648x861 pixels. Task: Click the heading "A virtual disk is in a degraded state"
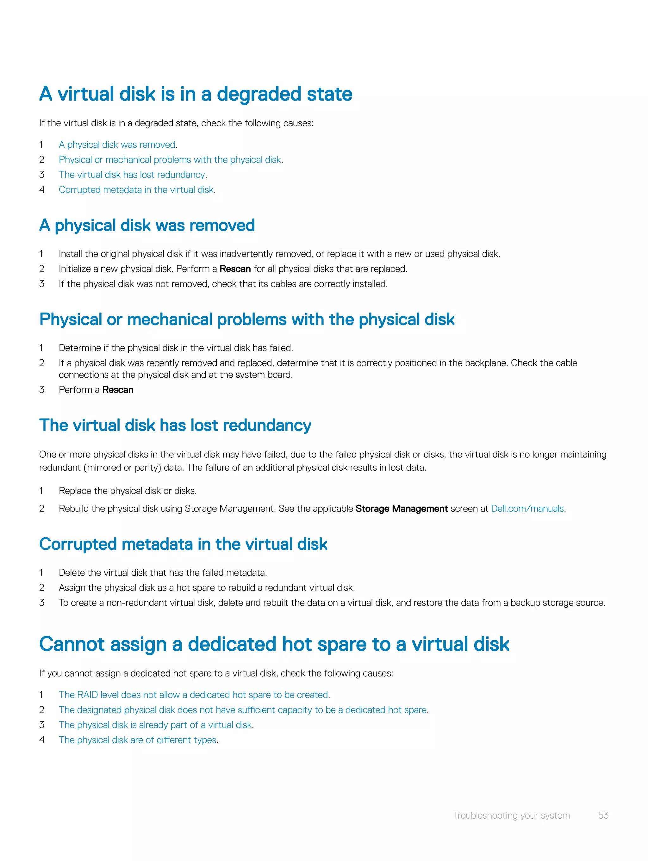pyautogui.click(x=196, y=94)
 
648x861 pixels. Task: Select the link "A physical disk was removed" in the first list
pyautogui.click(x=117, y=145)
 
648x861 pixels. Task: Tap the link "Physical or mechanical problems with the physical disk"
pyautogui.click(x=170, y=160)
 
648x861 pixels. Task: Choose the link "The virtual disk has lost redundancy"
pyautogui.click(x=132, y=175)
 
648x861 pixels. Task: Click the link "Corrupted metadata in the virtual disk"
pyautogui.click(x=136, y=190)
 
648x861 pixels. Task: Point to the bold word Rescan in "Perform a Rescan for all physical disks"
pyautogui.click(x=235, y=269)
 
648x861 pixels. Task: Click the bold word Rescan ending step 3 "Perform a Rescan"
pyautogui.click(x=118, y=390)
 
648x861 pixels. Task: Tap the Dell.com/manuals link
pyautogui.click(x=527, y=509)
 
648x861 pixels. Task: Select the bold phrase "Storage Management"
pyautogui.click(x=402, y=509)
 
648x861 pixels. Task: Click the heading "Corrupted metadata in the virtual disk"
pyautogui.click(x=183, y=544)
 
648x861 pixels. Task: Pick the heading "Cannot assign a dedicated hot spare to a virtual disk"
pyautogui.click(x=274, y=644)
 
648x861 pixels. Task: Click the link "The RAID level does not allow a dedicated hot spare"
pyautogui.click(x=194, y=695)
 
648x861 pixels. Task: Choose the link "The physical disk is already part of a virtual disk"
pyautogui.click(x=155, y=725)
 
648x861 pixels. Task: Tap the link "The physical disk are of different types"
pyautogui.click(x=137, y=740)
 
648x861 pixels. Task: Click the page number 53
pyautogui.click(x=603, y=815)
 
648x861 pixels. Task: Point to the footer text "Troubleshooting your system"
pyautogui.click(x=511, y=815)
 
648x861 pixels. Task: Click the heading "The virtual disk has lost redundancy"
pyautogui.click(x=175, y=425)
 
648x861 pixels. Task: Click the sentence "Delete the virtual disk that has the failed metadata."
pyautogui.click(x=163, y=573)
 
